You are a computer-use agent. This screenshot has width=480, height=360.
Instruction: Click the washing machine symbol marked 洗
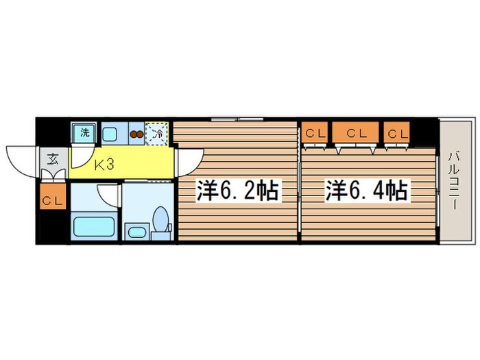point(85,132)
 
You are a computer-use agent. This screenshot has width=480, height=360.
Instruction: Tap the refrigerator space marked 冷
point(157,133)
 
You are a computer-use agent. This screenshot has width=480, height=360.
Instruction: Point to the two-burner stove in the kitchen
point(136,134)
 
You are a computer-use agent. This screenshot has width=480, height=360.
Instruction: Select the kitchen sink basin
point(110,133)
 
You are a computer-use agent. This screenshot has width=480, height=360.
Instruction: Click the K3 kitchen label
point(104,165)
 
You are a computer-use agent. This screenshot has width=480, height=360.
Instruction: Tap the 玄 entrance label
point(52,160)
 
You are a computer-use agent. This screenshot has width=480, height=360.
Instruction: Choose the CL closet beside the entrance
point(53,200)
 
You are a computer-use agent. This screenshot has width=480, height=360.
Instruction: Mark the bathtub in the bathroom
point(95,226)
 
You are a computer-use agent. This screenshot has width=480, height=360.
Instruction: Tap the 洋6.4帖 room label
point(367,190)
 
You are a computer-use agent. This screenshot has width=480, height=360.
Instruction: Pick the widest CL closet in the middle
point(355,133)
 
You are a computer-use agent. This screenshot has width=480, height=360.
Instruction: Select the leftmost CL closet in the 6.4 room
point(315,133)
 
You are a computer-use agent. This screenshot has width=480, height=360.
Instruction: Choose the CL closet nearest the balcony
point(396,133)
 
